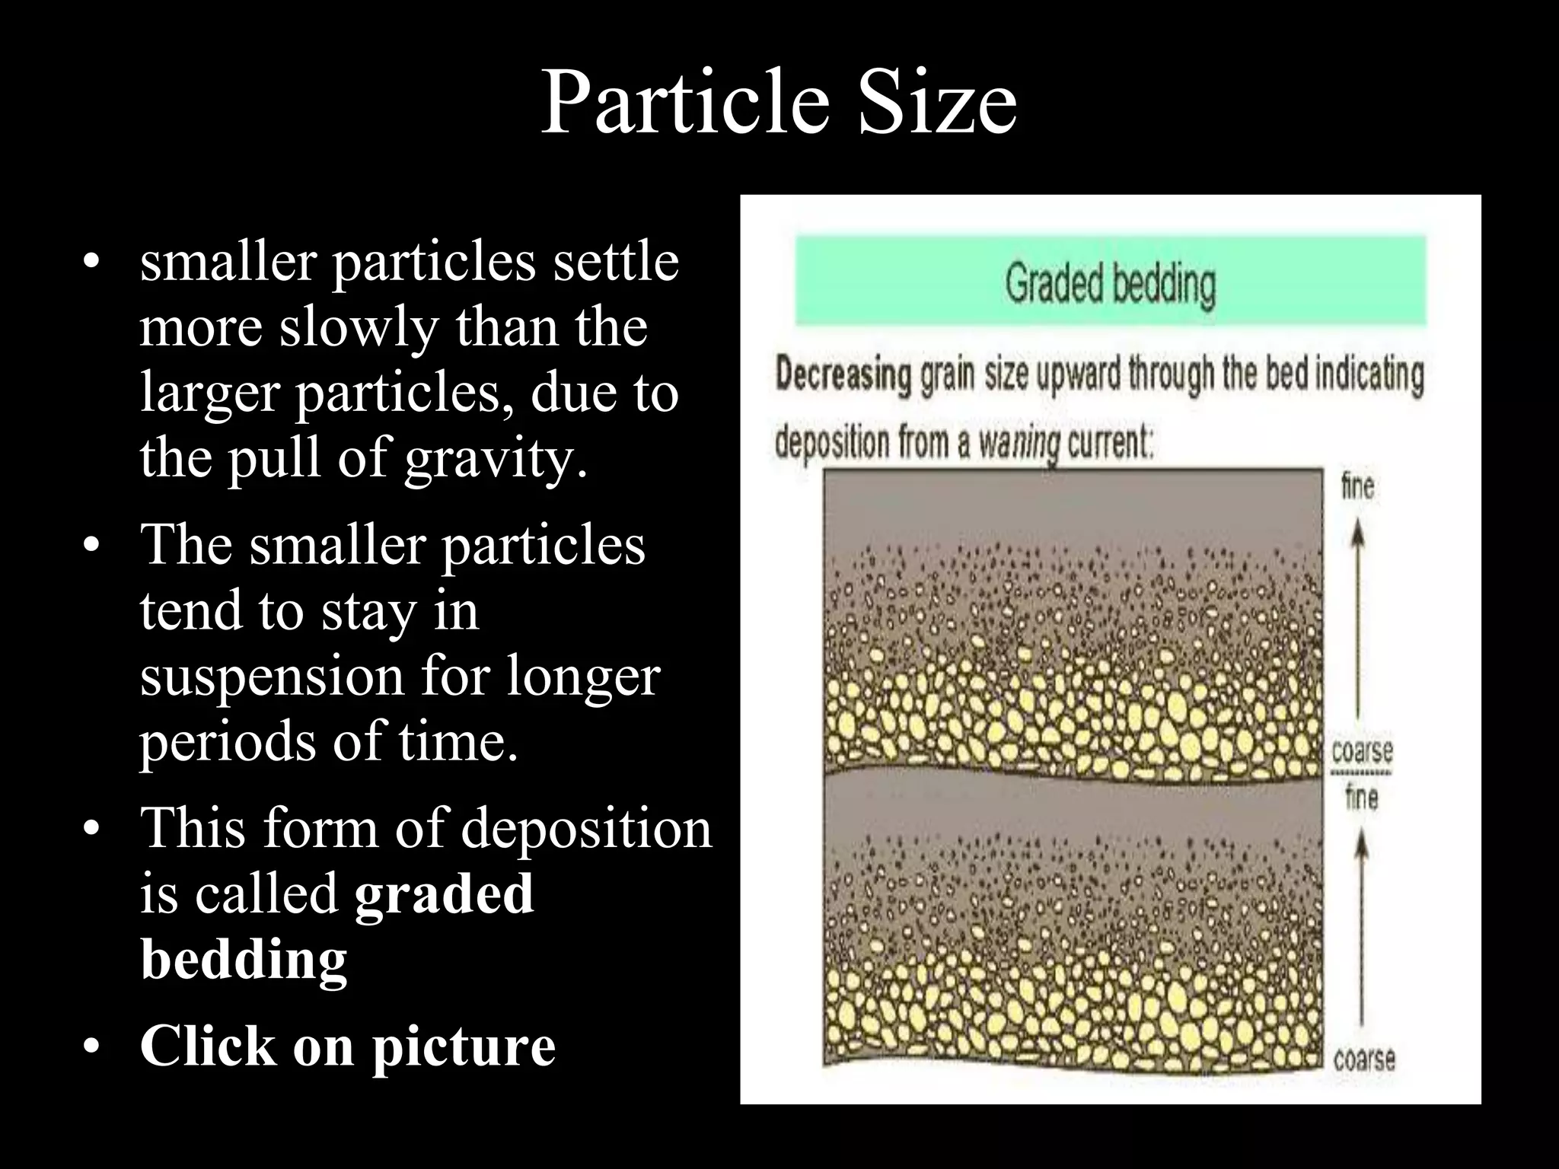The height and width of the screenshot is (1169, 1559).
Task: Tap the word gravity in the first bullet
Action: (x=495, y=459)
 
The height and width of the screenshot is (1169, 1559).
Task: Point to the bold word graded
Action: (x=444, y=893)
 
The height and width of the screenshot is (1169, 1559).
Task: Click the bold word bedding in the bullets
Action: (x=244, y=959)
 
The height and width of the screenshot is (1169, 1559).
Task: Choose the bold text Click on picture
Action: (x=348, y=1046)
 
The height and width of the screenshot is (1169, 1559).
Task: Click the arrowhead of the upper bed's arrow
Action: (x=1358, y=537)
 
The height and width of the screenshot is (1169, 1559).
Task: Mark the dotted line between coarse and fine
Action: (x=1361, y=773)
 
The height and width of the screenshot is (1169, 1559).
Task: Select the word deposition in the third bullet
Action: (x=585, y=828)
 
